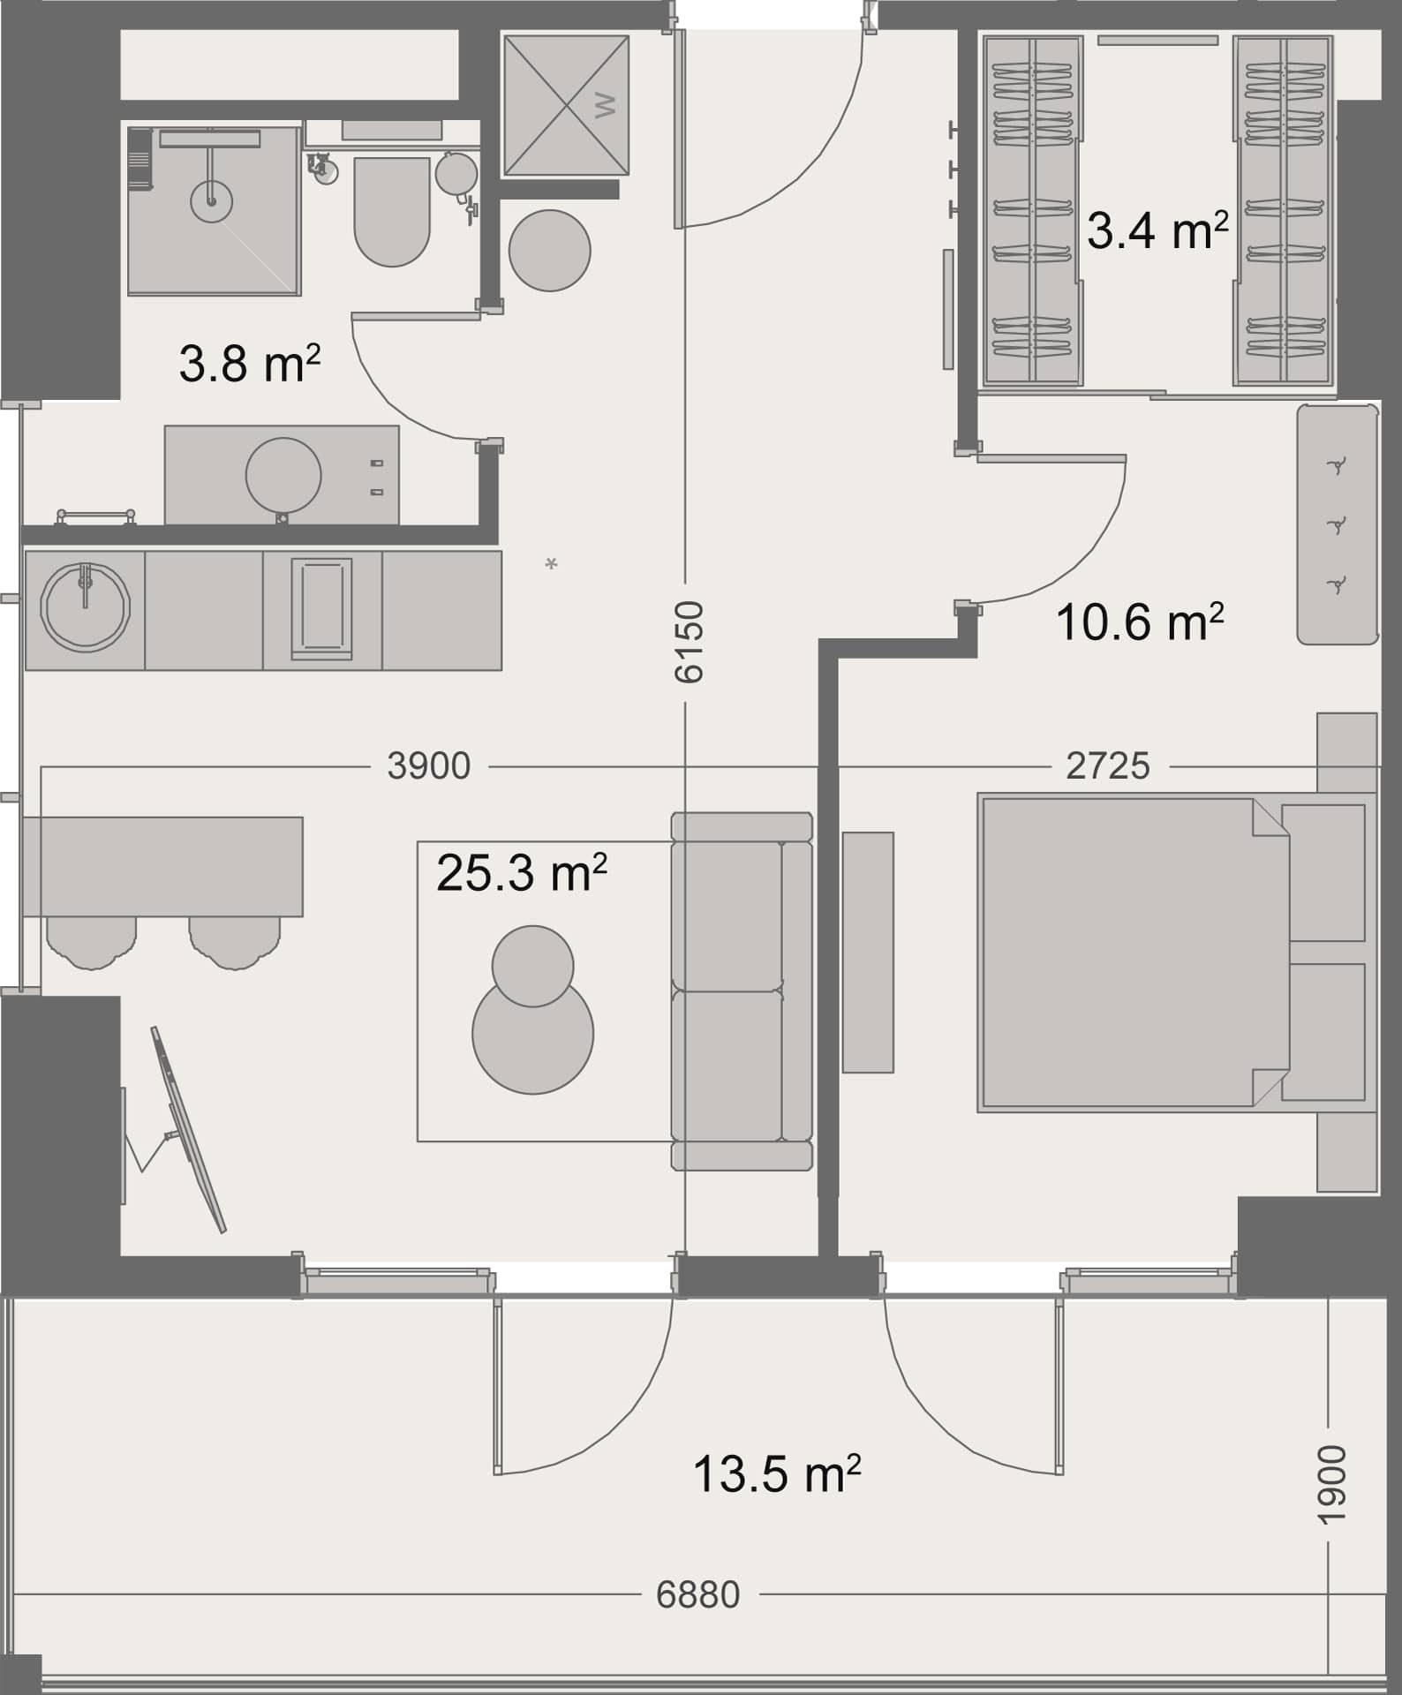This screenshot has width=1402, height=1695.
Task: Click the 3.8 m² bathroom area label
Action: coord(249,362)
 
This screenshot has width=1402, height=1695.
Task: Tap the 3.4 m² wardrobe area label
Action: coord(1157,231)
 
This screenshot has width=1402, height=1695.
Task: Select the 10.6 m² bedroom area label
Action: coord(1140,621)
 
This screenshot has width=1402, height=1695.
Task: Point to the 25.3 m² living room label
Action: coord(522,873)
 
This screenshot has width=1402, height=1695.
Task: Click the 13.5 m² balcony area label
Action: coord(777,1473)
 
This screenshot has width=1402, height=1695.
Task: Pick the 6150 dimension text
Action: coord(689,642)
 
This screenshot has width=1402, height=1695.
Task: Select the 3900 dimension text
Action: coord(429,766)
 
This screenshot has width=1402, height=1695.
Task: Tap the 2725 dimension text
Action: coord(1108,766)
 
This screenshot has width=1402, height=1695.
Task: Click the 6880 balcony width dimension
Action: coord(698,1595)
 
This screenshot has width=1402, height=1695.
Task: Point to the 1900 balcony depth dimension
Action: coord(1332,1485)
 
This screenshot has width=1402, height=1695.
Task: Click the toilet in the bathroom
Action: coord(392,212)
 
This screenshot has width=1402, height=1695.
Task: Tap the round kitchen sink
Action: coord(86,609)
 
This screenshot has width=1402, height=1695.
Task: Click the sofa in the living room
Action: coord(742,991)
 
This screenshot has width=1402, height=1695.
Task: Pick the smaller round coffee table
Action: coord(533,966)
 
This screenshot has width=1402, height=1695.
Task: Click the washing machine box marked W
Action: coord(566,105)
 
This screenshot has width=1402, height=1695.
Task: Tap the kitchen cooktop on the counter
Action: coord(321,609)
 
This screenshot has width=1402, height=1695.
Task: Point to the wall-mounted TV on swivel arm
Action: coord(188,1130)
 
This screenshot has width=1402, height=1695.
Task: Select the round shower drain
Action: coord(211,201)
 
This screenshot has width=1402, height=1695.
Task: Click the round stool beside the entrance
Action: coord(550,251)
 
